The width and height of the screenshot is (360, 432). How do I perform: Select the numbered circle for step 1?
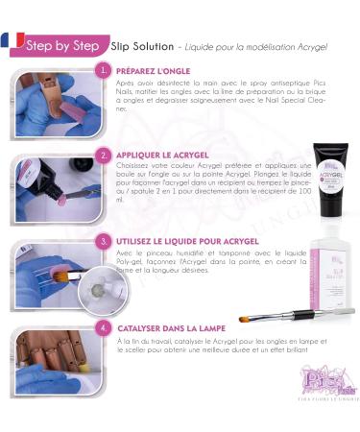click(104, 71)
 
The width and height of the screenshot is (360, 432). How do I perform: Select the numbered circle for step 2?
click(104, 155)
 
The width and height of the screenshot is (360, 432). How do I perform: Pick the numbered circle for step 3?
click(104, 241)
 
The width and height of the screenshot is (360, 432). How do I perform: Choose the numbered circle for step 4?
click(104, 327)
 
